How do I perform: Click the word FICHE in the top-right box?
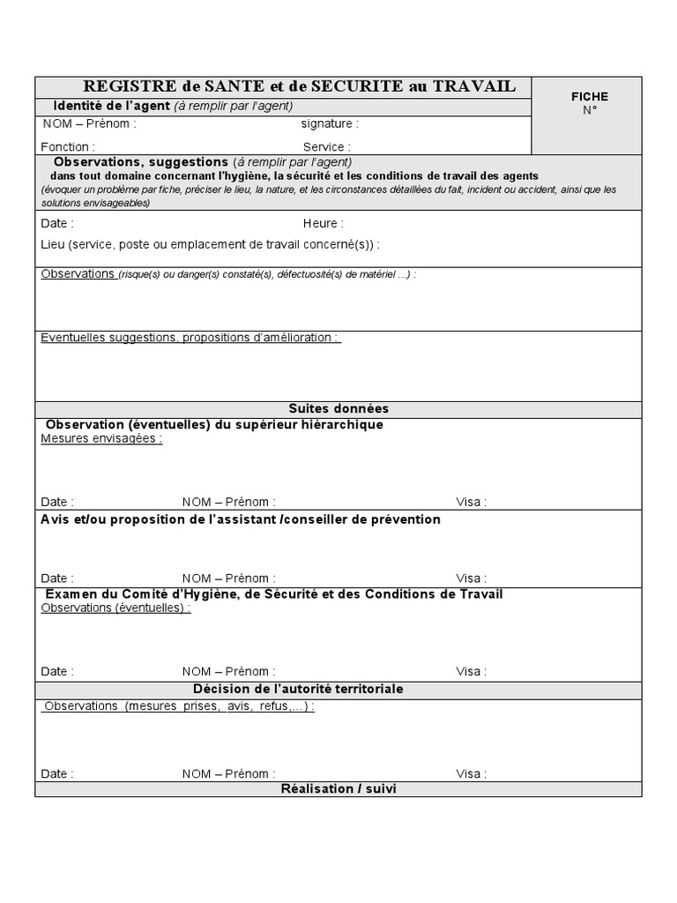click(589, 96)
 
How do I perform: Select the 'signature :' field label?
click(329, 124)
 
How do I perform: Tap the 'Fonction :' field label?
click(68, 147)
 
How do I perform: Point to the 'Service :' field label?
click(326, 147)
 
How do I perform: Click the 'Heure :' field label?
click(323, 224)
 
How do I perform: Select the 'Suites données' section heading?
click(338, 409)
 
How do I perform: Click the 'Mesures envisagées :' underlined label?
click(101, 438)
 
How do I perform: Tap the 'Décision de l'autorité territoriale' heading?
click(298, 689)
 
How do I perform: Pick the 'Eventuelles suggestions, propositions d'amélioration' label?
click(190, 338)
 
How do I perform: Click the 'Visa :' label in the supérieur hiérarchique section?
click(471, 502)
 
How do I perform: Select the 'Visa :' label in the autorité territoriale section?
click(471, 774)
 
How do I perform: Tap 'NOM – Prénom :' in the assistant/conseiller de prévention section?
click(228, 578)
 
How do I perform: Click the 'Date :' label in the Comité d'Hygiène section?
click(57, 672)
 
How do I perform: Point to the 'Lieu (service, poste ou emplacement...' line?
click(210, 244)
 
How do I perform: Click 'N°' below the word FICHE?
click(589, 110)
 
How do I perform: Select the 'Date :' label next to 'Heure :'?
click(57, 224)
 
